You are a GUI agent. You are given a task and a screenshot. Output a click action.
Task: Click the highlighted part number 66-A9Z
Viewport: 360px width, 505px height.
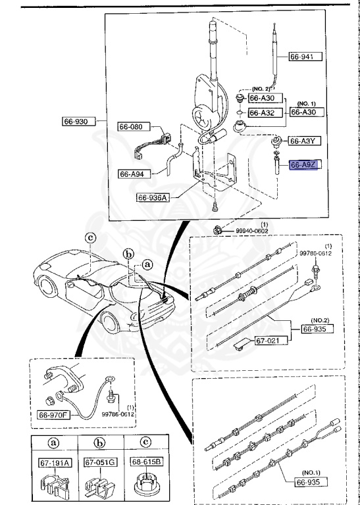click(304, 166)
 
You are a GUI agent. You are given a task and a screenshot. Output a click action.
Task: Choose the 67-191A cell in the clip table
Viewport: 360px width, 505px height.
click(53, 463)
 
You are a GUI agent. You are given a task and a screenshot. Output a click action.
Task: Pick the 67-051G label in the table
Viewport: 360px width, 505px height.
click(100, 463)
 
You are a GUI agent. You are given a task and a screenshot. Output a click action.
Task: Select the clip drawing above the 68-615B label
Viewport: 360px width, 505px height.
click(145, 485)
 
